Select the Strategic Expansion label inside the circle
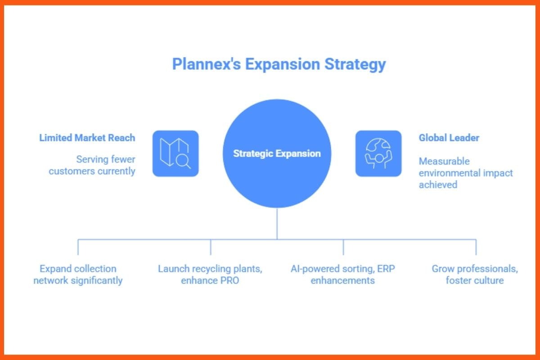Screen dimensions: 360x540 click(x=277, y=153)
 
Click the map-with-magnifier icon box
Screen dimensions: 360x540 click(x=175, y=153)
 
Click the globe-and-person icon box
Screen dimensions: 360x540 click(x=378, y=153)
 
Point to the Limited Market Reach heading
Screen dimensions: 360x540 click(x=87, y=138)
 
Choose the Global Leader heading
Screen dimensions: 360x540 click(x=449, y=138)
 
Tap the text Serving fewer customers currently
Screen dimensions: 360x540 click(x=92, y=165)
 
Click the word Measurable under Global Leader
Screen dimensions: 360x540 click(x=438, y=161)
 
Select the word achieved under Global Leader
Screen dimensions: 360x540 click(x=438, y=184)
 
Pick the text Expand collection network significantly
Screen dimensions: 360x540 click(x=78, y=274)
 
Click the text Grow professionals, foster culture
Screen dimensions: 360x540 click(x=475, y=274)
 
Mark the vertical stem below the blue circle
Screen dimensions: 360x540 click(x=277, y=224)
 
